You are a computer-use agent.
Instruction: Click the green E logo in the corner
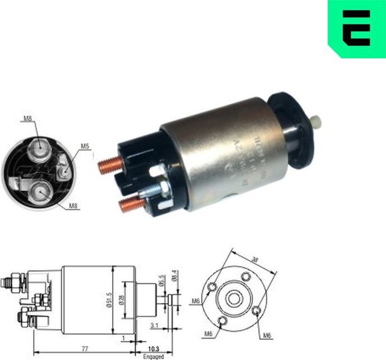click(357, 29)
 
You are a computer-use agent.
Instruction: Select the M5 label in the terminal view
click(85, 146)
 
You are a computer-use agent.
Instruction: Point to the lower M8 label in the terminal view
click(73, 206)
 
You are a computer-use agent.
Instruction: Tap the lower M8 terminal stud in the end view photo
click(39, 192)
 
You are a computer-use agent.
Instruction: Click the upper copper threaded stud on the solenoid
click(111, 167)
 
